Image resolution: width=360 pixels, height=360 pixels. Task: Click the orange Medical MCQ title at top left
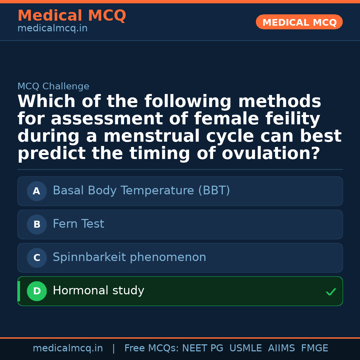pos(72,16)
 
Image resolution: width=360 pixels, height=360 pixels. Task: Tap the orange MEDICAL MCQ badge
pos(299,22)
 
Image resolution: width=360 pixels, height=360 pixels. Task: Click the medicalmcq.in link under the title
pos(52,29)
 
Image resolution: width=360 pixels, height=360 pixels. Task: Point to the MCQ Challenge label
pos(53,87)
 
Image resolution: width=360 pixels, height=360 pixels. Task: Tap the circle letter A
pos(37,191)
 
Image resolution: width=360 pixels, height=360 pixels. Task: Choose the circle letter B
pos(37,224)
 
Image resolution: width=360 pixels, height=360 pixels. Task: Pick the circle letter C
pos(37,258)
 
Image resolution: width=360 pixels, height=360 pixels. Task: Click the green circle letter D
pos(37,291)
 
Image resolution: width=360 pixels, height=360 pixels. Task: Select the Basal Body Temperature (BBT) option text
pos(141,191)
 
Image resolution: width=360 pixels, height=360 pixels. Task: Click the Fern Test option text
pos(78,224)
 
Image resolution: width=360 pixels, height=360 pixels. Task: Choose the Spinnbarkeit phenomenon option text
pos(129,257)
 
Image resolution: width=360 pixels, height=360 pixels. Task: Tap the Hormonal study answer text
pos(98,291)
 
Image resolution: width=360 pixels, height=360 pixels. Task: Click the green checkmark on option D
pos(331,292)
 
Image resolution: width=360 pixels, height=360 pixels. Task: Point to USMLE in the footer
pos(245,348)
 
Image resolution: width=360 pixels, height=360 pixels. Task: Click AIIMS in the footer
pos(281,348)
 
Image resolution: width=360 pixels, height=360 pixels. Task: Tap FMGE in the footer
pos(314,348)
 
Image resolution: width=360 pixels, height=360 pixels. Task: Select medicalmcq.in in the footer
pos(68,348)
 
